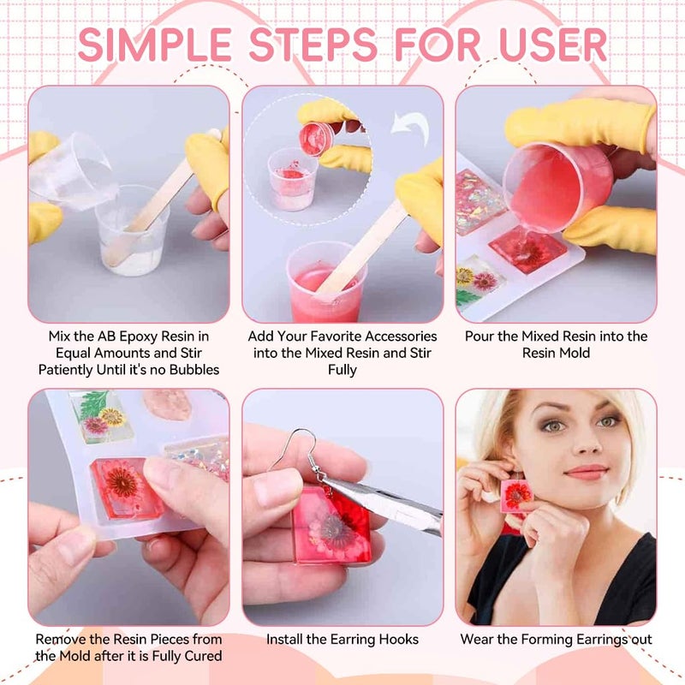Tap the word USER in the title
[548, 45]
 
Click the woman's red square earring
[517, 495]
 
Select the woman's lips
[586, 472]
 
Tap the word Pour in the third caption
[479, 337]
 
